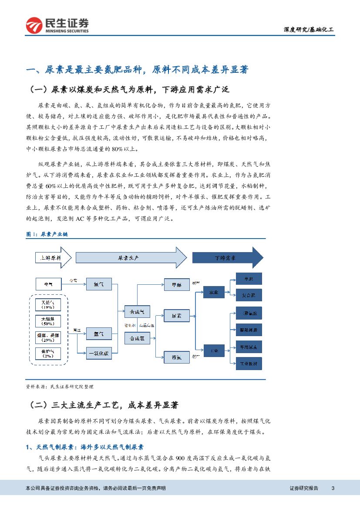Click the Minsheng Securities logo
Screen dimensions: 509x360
click(57, 25)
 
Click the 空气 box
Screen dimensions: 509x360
click(48, 284)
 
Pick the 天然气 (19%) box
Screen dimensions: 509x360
click(48, 304)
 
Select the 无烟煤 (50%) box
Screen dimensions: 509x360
click(48, 321)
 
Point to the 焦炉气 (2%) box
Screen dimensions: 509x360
click(48, 353)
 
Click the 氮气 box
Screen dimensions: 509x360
click(99, 284)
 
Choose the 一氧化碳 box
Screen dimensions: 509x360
click(99, 354)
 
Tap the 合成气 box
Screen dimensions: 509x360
click(137, 311)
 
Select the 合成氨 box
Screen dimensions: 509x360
click(137, 337)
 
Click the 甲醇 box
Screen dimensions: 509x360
click(177, 285)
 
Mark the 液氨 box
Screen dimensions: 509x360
click(177, 357)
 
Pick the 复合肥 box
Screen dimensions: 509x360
click(249, 295)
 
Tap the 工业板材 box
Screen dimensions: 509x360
click(249, 363)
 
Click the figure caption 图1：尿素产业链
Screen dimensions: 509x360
click(47, 234)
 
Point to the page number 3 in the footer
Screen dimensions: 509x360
click(333, 488)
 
